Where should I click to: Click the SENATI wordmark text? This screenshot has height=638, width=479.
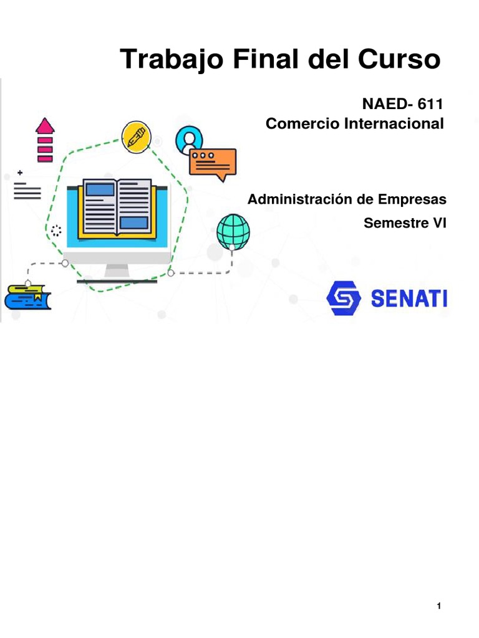(409, 299)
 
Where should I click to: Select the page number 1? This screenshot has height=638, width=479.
(440, 606)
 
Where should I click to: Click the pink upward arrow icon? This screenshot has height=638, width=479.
(45, 140)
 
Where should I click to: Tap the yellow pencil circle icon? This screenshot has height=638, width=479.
(136, 137)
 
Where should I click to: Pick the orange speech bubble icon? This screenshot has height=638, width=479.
(213, 163)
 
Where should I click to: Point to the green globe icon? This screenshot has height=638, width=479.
(233, 232)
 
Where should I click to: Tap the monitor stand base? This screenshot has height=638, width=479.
(117, 278)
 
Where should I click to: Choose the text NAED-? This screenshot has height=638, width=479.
(380, 103)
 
